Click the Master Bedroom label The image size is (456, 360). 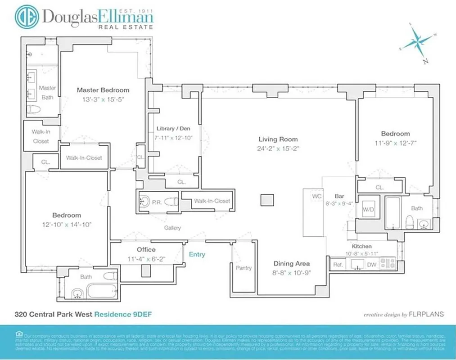(x=103, y=90)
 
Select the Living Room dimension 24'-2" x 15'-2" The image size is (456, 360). (x=278, y=148)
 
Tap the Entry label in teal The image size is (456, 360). (x=197, y=254)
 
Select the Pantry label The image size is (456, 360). (x=244, y=268)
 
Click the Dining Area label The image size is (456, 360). (x=292, y=264)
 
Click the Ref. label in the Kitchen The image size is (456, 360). (x=338, y=265)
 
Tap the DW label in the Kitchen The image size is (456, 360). (x=371, y=265)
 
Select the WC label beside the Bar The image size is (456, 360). (x=316, y=197)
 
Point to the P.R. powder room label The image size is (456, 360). (x=158, y=201)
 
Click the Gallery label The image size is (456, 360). (x=172, y=228)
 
